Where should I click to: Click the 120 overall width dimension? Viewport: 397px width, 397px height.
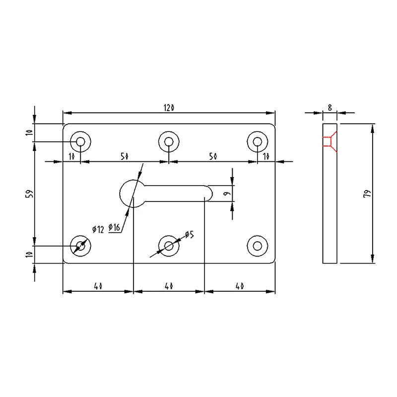(x=169, y=107)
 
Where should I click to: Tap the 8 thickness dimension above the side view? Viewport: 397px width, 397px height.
(x=330, y=106)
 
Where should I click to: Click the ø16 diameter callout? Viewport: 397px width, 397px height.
(x=115, y=227)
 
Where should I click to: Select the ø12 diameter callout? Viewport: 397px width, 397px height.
(x=98, y=229)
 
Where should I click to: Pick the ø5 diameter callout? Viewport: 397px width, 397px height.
(x=189, y=234)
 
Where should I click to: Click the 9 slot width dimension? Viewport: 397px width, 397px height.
(x=226, y=194)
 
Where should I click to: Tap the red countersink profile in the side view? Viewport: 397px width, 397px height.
(x=330, y=141)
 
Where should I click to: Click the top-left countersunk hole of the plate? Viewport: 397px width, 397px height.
(x=80, y=142)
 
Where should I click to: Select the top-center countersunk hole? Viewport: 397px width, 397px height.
(x=169, y=142)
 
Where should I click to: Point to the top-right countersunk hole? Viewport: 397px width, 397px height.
(x=257, y=142)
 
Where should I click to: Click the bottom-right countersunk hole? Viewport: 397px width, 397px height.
(x=257, y=245)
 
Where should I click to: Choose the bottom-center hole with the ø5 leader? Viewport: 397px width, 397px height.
(x=169, y=245)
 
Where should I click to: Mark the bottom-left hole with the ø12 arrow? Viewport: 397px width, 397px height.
(x=80, y=245)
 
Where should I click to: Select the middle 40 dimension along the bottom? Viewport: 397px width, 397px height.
(x=169, y=286)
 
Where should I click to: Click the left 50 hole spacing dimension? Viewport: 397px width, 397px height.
(x=124, y=156)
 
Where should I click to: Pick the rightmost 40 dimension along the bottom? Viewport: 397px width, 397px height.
(x=240, y=286)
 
